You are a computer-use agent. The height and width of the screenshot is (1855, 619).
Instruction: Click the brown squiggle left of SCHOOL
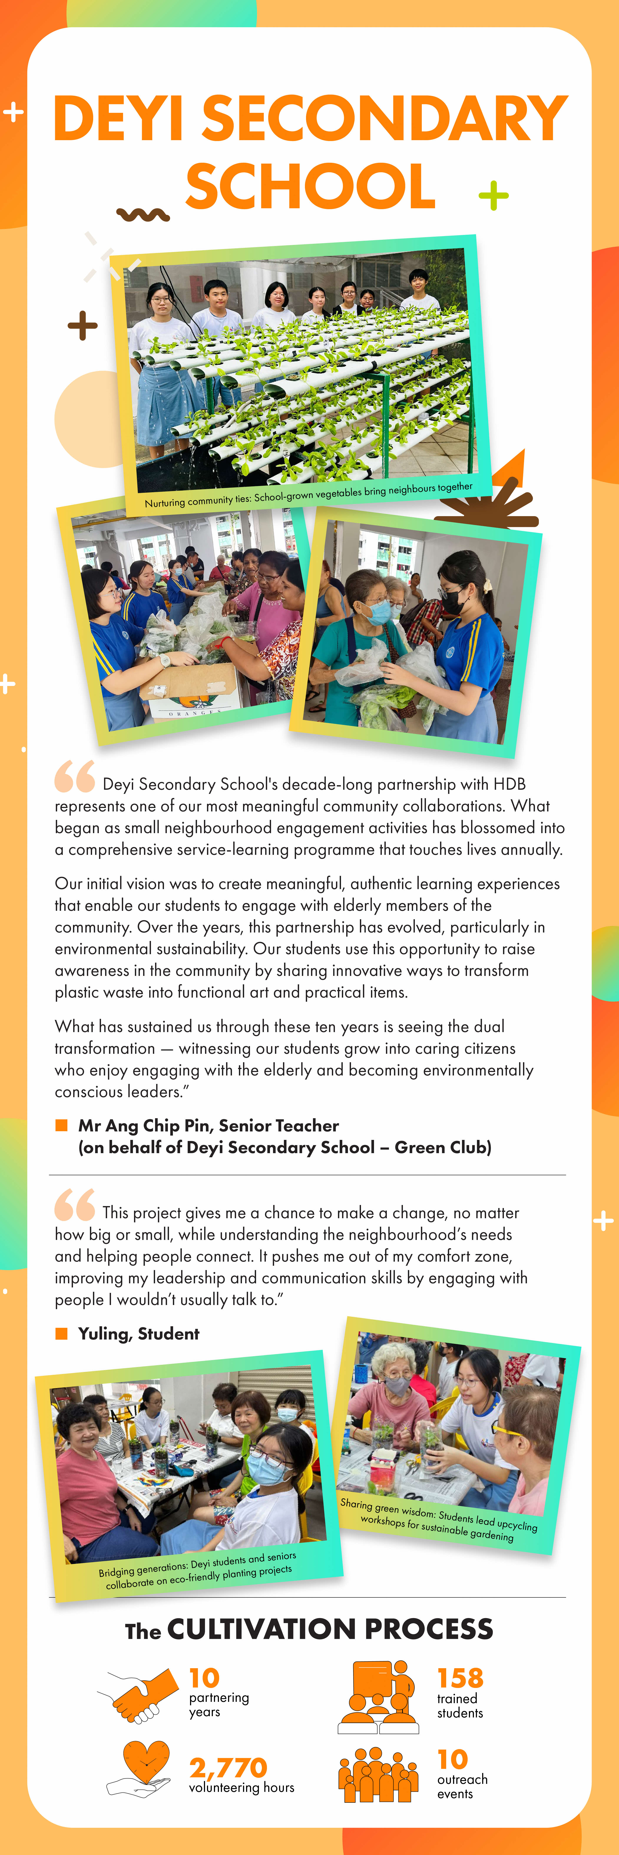[143, 214]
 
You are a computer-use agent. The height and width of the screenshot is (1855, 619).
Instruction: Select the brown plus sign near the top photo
[83, 325]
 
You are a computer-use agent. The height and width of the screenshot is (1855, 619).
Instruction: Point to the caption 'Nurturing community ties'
[308, 495]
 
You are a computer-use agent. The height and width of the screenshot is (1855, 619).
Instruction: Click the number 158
[460, 1678]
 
